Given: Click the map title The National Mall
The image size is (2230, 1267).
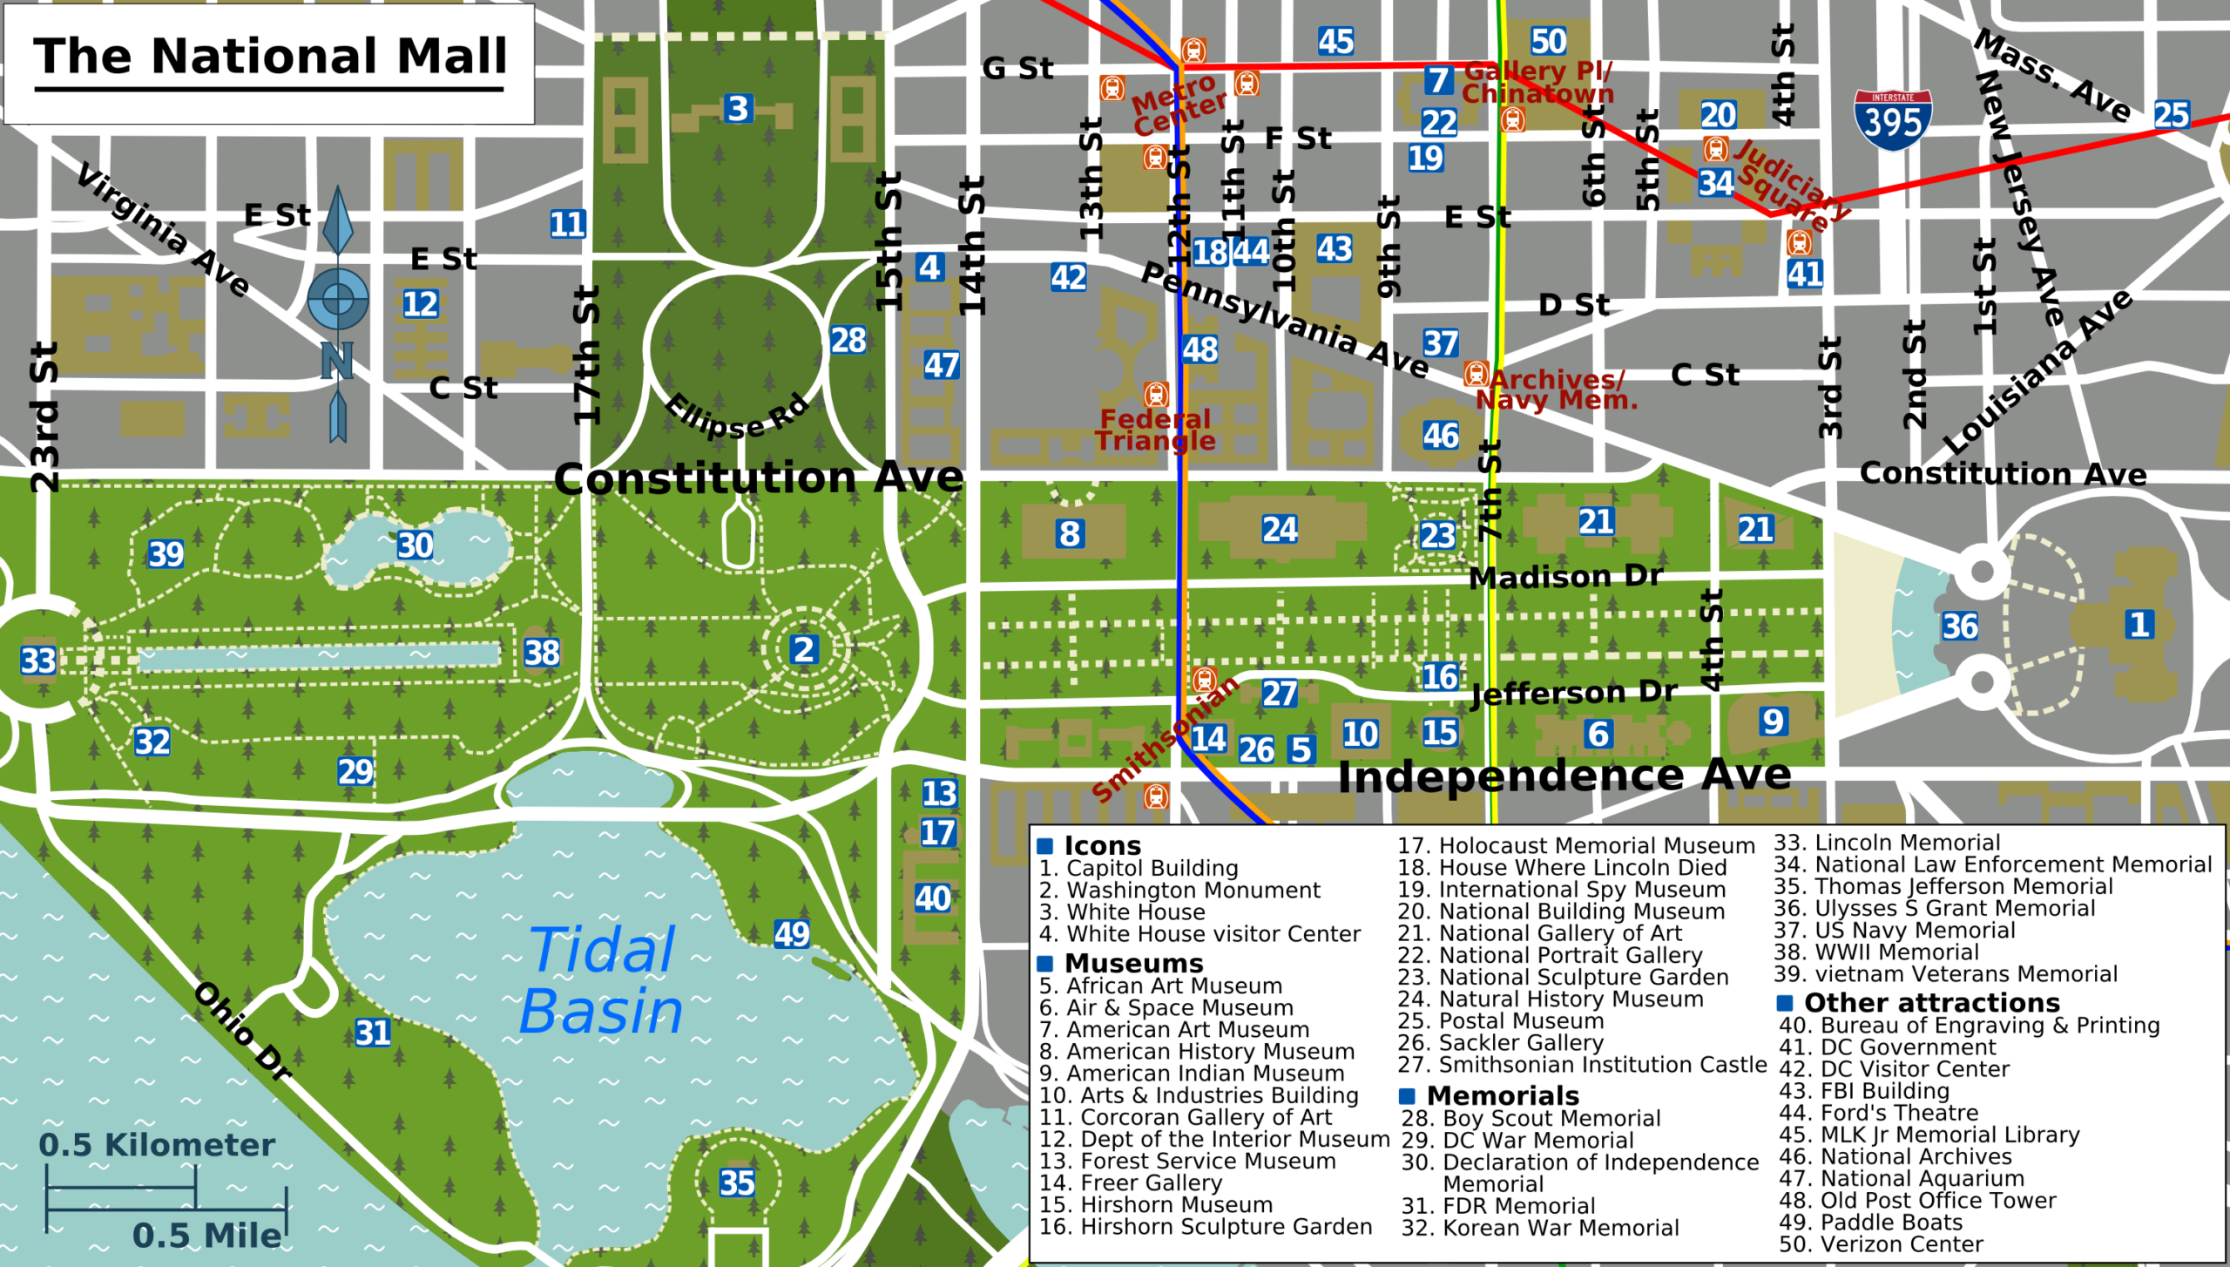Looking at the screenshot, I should point(270,58).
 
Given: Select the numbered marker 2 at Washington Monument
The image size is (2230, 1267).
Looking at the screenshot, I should point(803,649).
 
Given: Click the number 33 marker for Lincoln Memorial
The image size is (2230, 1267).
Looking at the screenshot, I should point(38,661).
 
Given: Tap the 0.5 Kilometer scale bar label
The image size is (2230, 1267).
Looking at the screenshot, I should point(157,1145).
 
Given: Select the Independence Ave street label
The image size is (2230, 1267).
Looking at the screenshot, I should point(1564,776).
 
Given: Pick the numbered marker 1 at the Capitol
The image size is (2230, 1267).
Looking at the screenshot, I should point(2139,624).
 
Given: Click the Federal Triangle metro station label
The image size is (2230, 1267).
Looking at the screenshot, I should point(1155,430).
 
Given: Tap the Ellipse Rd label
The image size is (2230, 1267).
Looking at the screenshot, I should point(736,417).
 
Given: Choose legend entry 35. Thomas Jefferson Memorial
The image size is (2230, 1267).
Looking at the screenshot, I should point(1943,886).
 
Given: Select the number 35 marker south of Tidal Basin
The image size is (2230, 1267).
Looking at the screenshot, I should point(737,1182).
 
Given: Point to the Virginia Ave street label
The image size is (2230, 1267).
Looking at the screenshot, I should point(163,230).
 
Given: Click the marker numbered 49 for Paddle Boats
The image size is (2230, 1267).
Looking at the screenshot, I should point(791,934).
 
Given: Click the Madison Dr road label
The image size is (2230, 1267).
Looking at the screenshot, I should point(1565,577).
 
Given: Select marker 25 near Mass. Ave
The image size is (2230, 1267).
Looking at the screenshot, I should point(2171,114).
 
